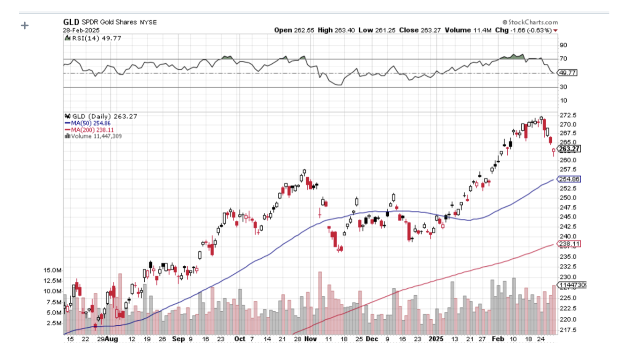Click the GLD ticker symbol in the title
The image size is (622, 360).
coord(71,22)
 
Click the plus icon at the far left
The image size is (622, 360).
coord(25,25)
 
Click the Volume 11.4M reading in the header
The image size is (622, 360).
coord(470,30)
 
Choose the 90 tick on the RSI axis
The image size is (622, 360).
coord(563,45)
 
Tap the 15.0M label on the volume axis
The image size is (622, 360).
coord(52,270)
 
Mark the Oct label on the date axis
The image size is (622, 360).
coord(239,338)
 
